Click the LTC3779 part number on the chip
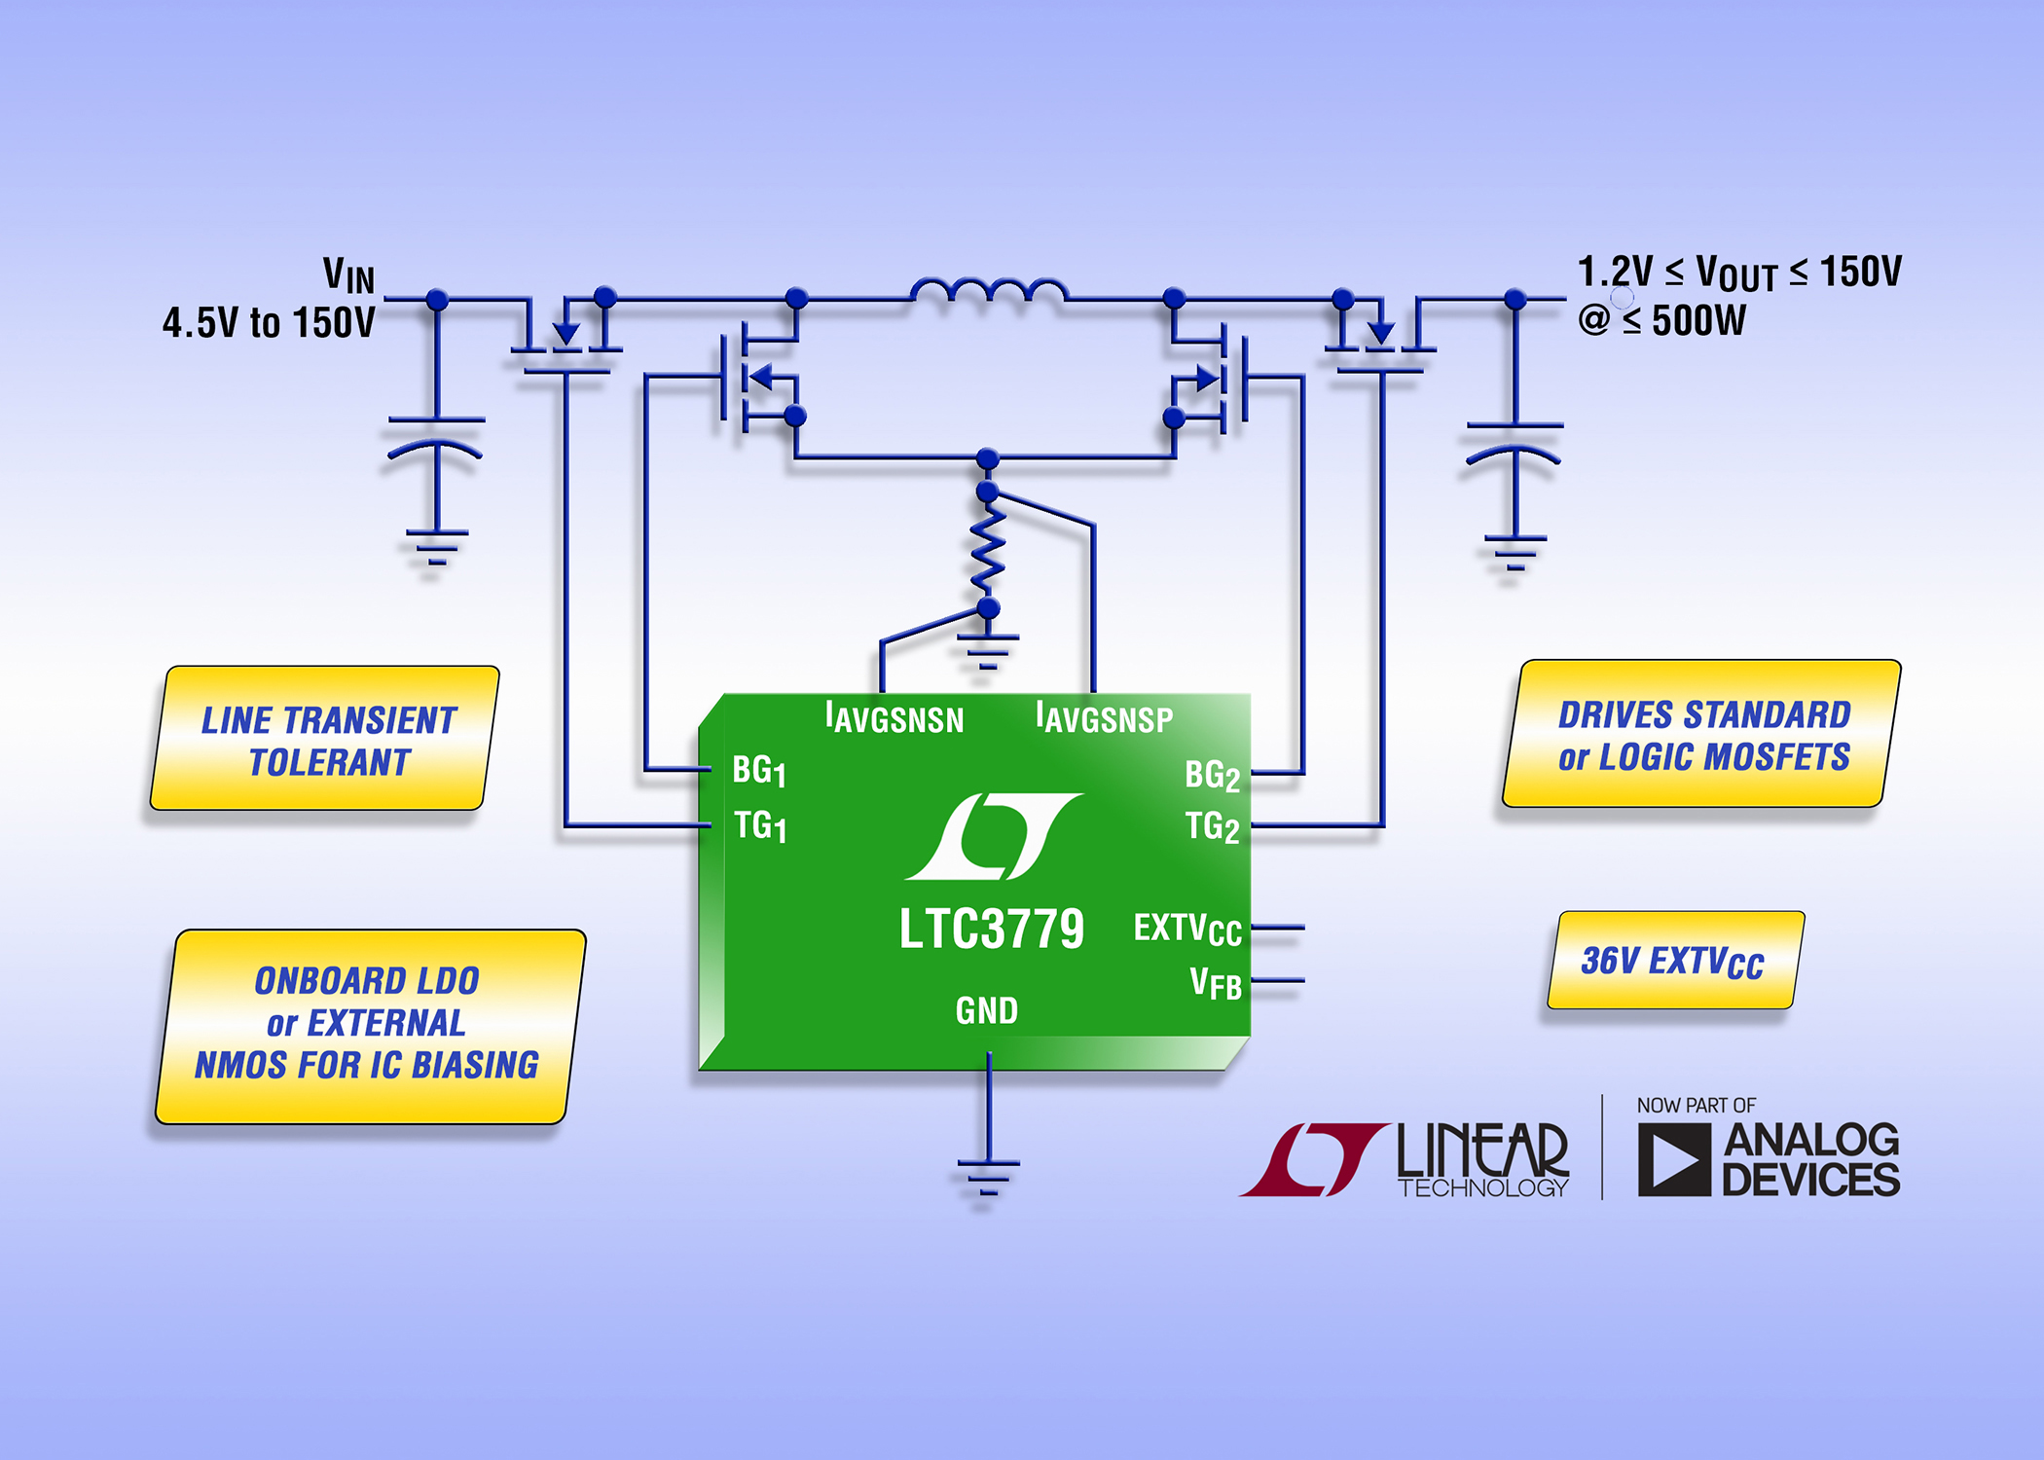coord(990,929)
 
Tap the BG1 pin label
coord(758,771)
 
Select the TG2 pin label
coord(1212,827)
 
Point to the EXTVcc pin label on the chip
coord(1186,929)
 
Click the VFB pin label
coord(1216,983)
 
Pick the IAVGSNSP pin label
coord(1104,718)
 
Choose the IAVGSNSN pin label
coord(894,718)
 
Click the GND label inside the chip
coord(986,1011)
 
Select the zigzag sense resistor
coord(988,550)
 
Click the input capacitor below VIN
coord(436,438)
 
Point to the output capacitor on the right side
coord(1515,443)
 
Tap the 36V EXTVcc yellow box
coord(1674,961)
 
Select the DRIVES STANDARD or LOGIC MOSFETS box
coord(1701,735)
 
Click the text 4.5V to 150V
coord(269,323)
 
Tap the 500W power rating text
coord(1698,320)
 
